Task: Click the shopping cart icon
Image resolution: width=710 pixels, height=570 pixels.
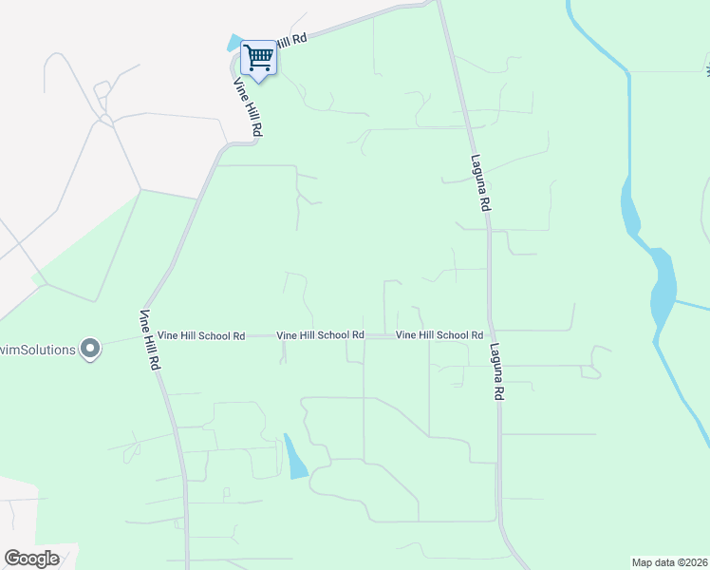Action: tap(258, 58)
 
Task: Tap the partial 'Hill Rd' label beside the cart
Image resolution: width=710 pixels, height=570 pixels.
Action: tap(293, 43)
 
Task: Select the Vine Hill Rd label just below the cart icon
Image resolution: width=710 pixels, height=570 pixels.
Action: tap(248, 107)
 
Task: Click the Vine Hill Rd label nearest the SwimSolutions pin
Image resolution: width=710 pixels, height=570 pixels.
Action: tap(150, 340)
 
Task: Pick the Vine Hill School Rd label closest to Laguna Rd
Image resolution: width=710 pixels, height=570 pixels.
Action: tap(439, 335)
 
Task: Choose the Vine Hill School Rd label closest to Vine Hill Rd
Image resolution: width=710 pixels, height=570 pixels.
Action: tap(201, 335)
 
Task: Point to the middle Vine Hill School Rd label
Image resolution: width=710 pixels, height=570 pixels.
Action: tap(320, 335)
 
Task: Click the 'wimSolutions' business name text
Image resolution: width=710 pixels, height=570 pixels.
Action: tap(38, 350)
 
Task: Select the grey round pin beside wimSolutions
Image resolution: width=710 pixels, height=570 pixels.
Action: tap(90, 350)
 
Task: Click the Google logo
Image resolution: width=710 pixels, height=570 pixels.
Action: tap(31, 559)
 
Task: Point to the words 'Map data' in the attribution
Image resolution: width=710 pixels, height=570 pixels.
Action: tap(651, 562)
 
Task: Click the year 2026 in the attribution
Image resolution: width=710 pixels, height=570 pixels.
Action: tap(692, 562)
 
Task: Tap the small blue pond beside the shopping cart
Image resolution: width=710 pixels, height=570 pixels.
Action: tap(234, 44)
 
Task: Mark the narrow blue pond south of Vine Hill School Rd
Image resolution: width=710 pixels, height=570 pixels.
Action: tap(295, 457)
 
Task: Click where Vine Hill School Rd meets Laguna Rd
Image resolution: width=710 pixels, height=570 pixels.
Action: tap(490, 334)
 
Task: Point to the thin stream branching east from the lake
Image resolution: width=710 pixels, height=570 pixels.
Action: tap(693, 306)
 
